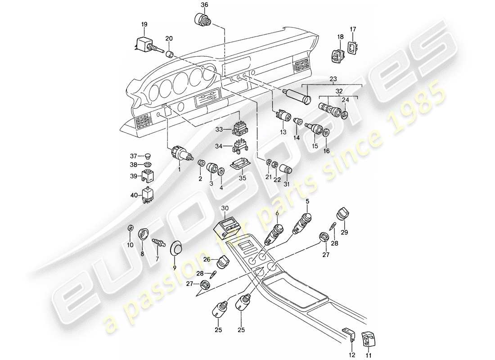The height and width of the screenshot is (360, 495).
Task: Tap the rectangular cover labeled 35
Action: (x=237, y=166)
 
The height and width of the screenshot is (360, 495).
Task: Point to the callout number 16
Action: (x=326, y=151)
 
